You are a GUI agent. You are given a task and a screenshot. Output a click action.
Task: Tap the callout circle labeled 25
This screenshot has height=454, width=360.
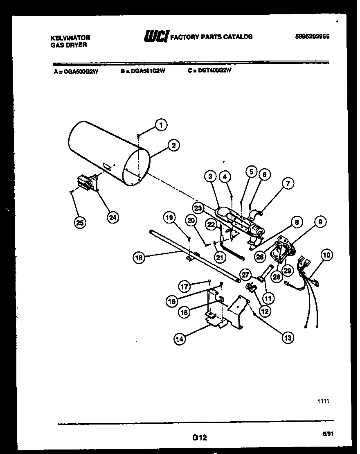[81, 223]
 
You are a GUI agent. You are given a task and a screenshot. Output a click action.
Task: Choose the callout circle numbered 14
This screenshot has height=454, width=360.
[179, 339]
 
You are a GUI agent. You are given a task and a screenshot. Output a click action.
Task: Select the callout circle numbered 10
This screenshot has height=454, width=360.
[327, 255]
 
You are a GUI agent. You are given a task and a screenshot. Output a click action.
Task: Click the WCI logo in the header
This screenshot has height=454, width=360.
[155, 37]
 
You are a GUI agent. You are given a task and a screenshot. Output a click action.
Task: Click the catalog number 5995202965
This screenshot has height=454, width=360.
[312, 36]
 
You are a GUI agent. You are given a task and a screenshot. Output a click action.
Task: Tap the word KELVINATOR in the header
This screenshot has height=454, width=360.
[70, 38]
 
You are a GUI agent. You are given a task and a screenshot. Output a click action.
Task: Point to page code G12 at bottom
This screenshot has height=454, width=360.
[199, 438]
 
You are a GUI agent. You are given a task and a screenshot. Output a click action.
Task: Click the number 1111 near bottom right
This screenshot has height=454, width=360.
[323, 402]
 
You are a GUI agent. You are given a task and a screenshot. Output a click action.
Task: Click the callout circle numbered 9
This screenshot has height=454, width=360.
[320, 222]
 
